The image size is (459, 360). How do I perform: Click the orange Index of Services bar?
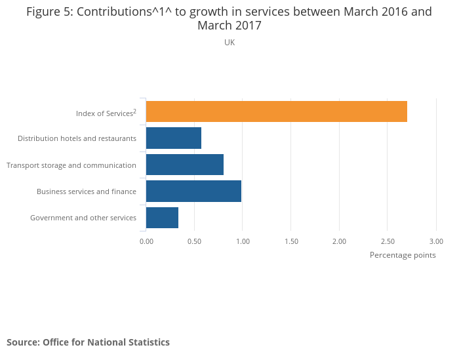[x=276, y=111]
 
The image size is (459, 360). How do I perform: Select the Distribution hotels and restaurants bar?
[x=174, y=138]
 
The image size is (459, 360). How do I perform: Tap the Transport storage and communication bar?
[x=185, y=165]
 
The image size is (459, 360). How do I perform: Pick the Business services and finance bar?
[x=193, y=191]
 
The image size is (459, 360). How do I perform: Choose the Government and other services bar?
[x=162, y=217]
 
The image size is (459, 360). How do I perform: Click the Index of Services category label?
[x=106, y=113]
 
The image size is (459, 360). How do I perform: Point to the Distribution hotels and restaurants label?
[x=77, y=138]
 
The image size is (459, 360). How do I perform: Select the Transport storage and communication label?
[x=71, y=165]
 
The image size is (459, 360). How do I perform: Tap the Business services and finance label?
[x=87, y=191]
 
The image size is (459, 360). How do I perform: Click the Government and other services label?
[x=83, y=218]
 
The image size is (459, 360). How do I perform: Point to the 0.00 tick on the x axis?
[x=146, y=241]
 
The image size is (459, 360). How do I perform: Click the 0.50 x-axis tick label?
[x=194, y=241]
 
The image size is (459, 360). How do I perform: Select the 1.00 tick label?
[x=243, y=241]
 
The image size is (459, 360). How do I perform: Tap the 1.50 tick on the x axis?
[x=291, y=241]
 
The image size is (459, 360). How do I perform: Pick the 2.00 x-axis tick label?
[x=339, y=241]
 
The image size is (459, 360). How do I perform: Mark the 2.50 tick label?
[x=388, y=241]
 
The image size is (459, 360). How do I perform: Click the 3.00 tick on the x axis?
[x=436, y=241]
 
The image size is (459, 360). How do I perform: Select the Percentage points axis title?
[x=403, y=255]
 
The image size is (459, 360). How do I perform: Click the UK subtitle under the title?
[x=229, y=42]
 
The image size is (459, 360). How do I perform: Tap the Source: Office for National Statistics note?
[x=88, y=342]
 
